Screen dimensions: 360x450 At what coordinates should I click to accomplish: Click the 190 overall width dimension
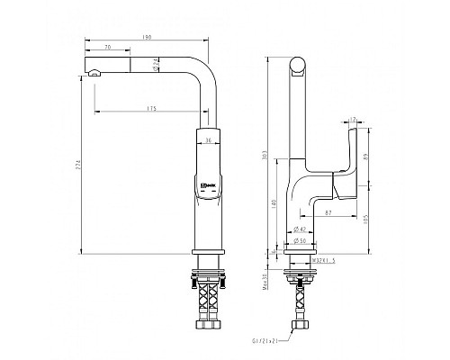[x=146, y=38]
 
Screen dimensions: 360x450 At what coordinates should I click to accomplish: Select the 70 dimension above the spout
[x=107, y=47]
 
